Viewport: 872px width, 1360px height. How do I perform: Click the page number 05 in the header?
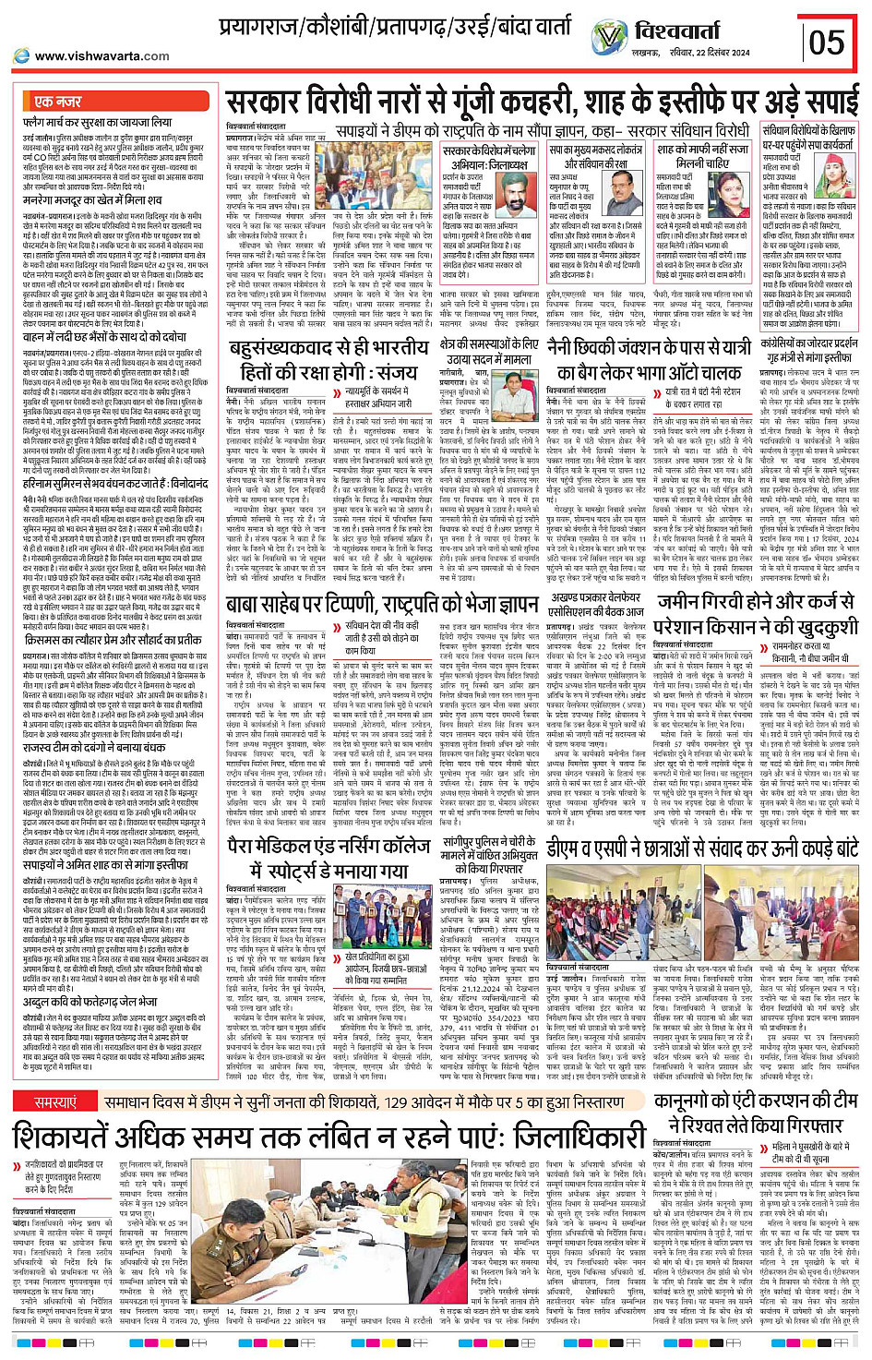tap(826, 42)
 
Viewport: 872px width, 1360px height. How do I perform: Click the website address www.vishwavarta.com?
tap(102, 55)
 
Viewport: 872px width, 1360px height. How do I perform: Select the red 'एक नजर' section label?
tap(57, 102)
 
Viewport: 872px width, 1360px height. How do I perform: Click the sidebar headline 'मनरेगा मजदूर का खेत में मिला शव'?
tap(92, 200)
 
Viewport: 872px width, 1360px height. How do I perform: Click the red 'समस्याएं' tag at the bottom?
tap(55, 1102)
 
